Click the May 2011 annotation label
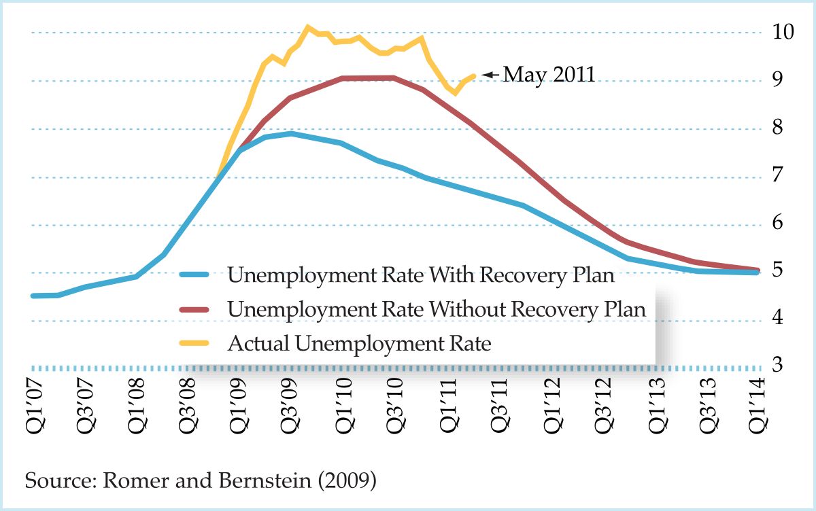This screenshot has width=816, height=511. pyautogui.click(x=549, y=74)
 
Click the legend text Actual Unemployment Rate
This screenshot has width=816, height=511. pyautogui.click(x=359, y=344)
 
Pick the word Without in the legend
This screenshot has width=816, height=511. pyautogui.click(x=464, y=309)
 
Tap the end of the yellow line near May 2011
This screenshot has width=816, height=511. pyautogui.click(x=474, y=75)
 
